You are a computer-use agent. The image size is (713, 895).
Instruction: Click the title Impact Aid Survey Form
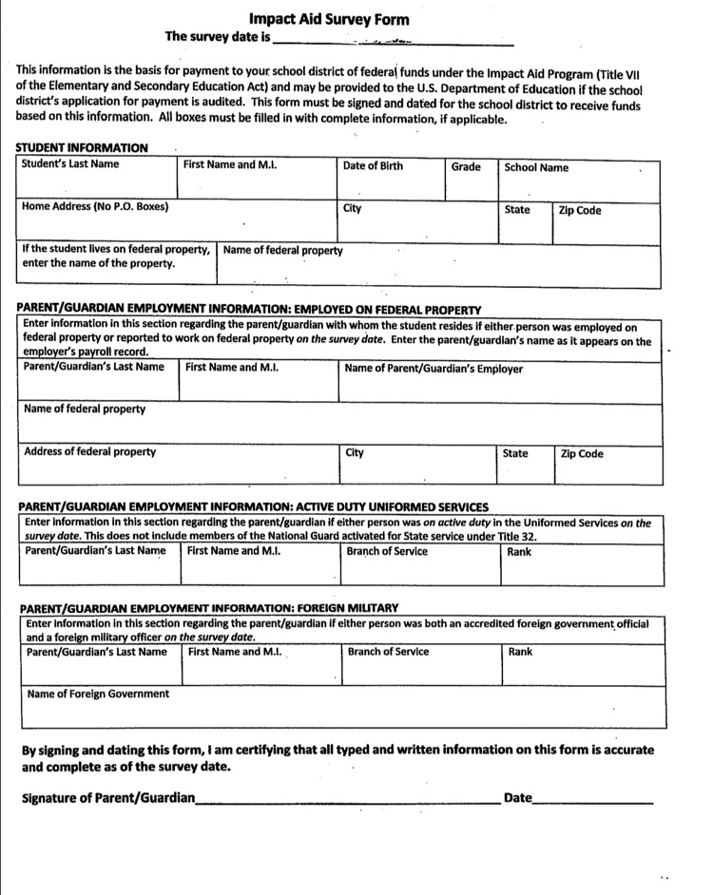pyautogui.click(x=329, y=18)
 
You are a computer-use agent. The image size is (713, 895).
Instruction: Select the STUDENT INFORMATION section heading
pyautogui.click(x=82, y=147)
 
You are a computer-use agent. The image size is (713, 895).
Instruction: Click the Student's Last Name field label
pyautogui.click(x=70, y=164)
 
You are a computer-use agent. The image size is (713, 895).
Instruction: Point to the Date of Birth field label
pyautogui.click(x=373, y=165)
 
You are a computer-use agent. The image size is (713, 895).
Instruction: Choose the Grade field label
pyautogui.click(x=466, y=166)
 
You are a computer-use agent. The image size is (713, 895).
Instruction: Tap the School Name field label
pyautogui.click(x=536, y=167)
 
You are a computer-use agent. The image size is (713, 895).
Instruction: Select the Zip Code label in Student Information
pyautogui.click(x=580, y=210)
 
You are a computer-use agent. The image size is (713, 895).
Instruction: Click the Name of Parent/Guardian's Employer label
pyautogui.click(x=434, y=369)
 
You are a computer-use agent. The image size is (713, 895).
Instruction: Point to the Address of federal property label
pyautogui.click(x=89, y=451)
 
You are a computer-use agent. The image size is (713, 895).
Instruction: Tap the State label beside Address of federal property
pyautogui.click(x=515, y=453)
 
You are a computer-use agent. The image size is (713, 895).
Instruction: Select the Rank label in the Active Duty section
pyautogui.click(x=519, y=551)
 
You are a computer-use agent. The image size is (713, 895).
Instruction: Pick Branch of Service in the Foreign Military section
pyautogui.click(x=388, y=652)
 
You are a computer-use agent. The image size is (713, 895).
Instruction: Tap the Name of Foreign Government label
pyautogui.click(x=98, y=694)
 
